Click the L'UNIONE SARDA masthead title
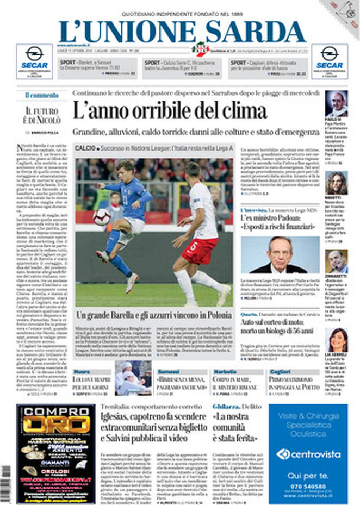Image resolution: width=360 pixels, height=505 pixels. click(x=182, y=31)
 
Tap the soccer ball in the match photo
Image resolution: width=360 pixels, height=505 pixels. click(x=101, y=218)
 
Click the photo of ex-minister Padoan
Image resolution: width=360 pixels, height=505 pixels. click(x=281, y=254)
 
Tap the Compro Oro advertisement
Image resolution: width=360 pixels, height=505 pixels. click(x=48, y=453)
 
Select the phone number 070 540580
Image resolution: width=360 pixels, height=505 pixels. click(x=308, y=486)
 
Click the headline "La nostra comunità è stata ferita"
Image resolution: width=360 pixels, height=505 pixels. click(x=234, y=428)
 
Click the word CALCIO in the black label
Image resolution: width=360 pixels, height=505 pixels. click(x=85, y=148)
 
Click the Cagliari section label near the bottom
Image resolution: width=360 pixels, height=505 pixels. click(x=279, y=371)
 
